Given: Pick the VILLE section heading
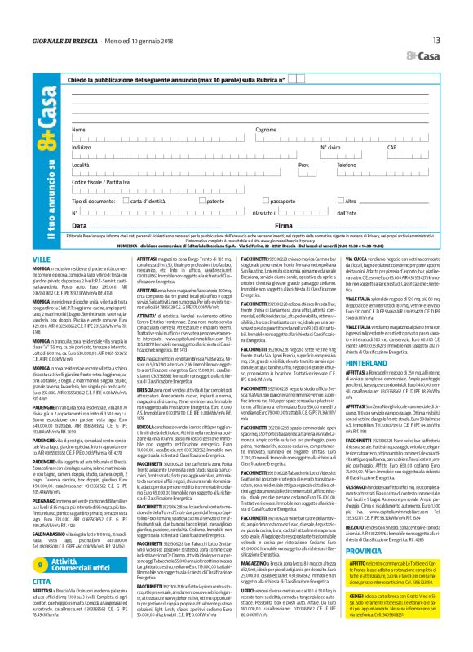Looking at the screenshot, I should [x=64, y=258].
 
